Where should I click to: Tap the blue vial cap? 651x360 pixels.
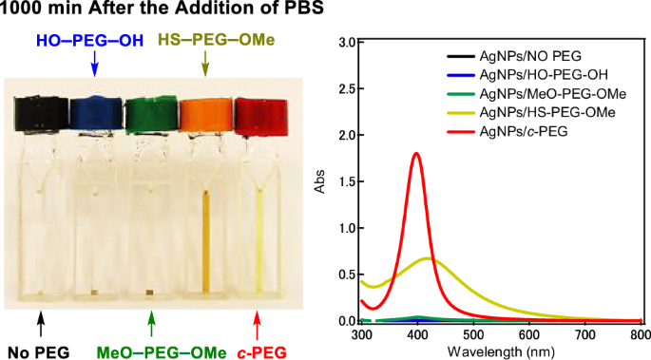point(94,113)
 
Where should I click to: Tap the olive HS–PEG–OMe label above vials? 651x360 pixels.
point(204,41)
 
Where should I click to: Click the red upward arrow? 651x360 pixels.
point(255,326)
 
